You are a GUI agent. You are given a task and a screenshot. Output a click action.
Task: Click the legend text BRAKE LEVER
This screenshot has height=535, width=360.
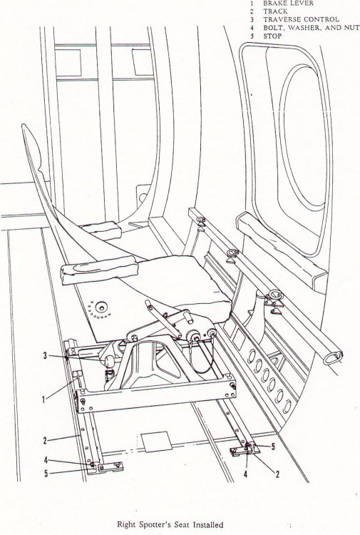tap(288, 3)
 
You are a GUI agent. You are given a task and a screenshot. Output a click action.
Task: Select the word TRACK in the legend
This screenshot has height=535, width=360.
tap(275, 11)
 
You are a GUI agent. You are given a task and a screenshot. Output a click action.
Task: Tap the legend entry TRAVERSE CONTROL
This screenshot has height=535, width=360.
tap(301, 19)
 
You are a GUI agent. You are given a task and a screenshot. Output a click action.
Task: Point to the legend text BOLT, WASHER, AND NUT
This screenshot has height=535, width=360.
tap(312, 28)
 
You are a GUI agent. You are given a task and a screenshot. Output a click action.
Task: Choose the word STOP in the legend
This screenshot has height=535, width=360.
tap(272, 36)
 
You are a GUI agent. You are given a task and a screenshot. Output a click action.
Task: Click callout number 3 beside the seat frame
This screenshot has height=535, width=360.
tap(45, 356)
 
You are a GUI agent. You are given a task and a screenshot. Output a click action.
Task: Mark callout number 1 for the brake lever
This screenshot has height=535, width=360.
tap(43, 399)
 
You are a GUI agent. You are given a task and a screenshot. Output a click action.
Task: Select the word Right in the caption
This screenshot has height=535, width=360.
tap(126, 524)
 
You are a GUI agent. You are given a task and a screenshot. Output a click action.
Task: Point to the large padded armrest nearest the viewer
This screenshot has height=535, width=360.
tap(99, 269)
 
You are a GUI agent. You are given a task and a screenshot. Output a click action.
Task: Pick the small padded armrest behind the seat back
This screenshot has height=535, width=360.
tap(101, 230)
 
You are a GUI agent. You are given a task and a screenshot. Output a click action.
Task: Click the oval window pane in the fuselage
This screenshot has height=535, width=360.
tap(304, 136)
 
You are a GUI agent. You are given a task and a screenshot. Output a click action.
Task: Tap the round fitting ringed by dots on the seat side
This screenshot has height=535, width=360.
tap(101, 307)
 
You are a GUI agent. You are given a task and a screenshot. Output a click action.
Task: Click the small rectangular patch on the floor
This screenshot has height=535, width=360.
tap(155, 442)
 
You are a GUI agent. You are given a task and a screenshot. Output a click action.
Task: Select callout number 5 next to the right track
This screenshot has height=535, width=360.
tap(273, 447)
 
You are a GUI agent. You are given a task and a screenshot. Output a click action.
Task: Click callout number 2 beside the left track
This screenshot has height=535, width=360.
tap(45, 440)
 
